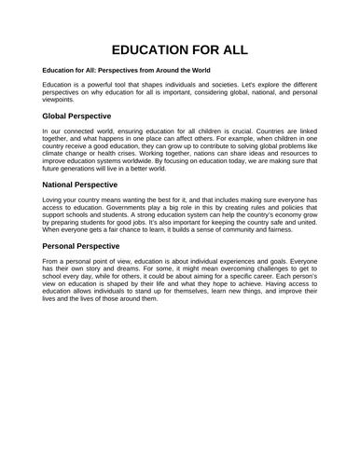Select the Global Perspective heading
tap(83, 116)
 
